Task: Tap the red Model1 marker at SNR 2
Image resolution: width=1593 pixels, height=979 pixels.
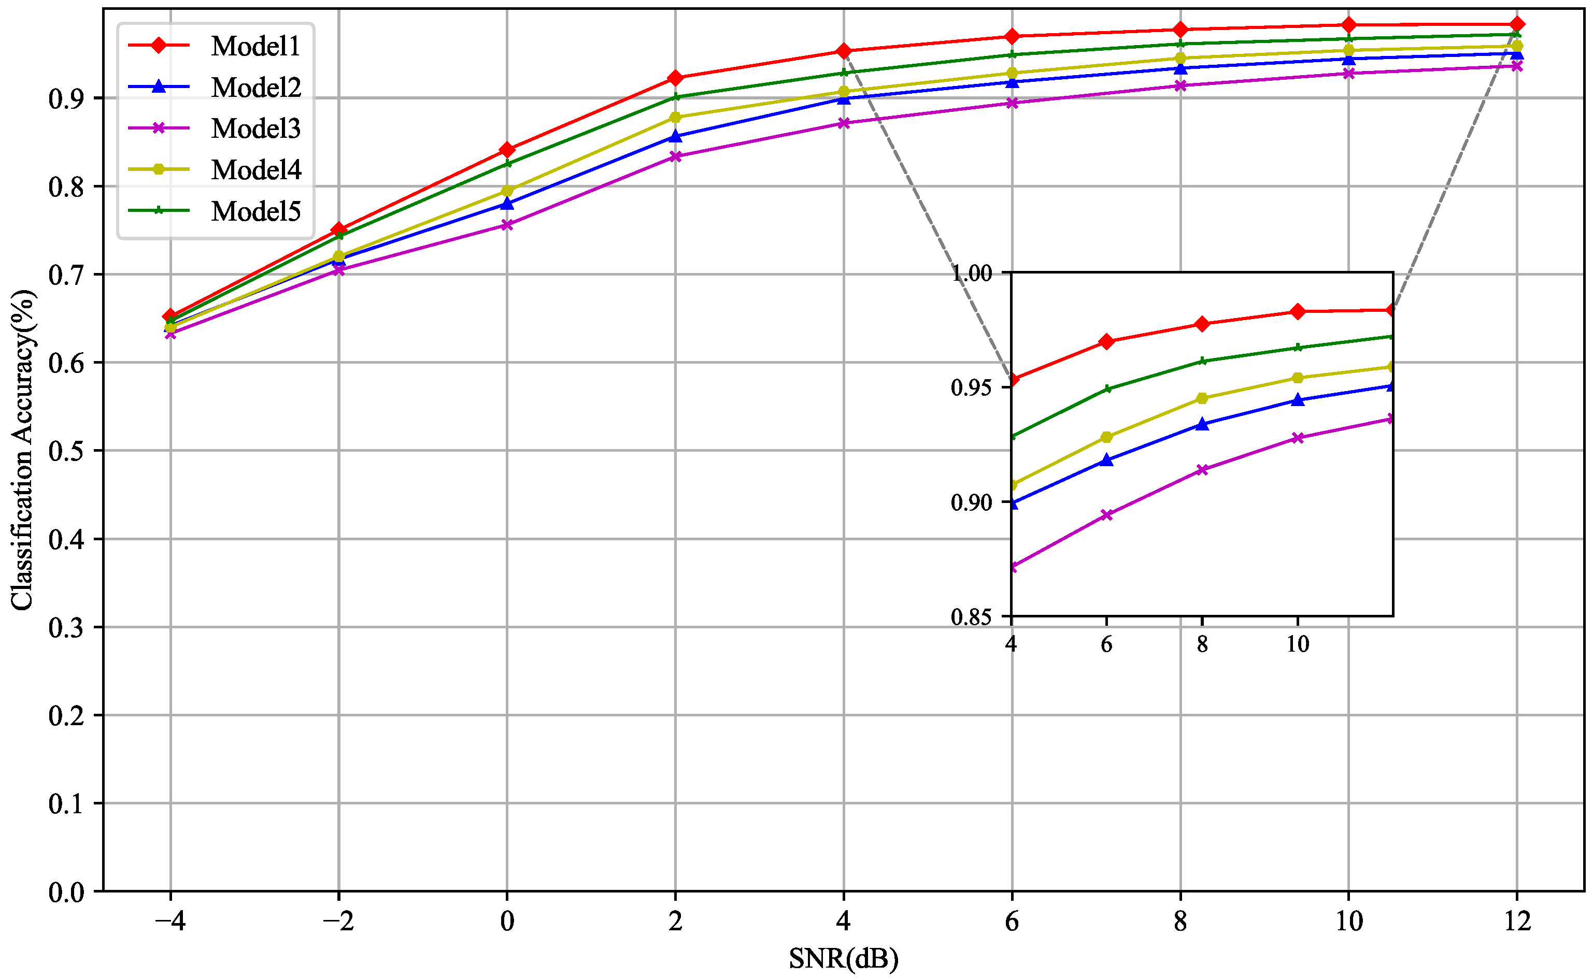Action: (675, 78)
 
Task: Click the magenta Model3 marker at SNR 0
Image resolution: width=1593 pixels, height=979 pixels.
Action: (507, 225)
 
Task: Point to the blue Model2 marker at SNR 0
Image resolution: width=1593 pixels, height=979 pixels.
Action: (507, 203)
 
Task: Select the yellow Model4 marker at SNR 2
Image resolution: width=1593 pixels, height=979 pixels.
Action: (675, 117)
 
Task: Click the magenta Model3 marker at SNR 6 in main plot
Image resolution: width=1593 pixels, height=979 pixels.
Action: (1012, 103)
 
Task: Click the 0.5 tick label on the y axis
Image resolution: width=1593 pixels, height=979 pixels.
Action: (66, 451)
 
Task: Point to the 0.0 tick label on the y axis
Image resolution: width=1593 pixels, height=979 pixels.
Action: (66, 892)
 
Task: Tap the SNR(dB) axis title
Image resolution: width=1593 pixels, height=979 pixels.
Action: (843, 959)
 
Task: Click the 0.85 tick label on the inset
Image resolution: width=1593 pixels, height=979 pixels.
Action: (971, 617)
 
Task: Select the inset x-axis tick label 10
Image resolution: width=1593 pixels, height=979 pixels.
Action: (1298, 644)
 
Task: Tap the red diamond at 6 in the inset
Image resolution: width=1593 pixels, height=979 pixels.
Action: (1107, 341)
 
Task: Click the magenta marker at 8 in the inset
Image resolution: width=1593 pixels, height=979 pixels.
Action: (1202, 469)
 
